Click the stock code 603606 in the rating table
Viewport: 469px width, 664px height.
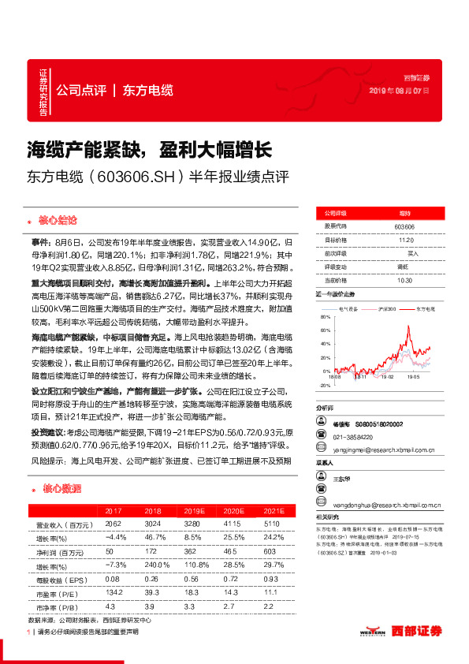[404, 226]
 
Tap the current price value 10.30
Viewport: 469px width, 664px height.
[404, 280]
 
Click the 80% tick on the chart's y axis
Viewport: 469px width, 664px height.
[326, 316]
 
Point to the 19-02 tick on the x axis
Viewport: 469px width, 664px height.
[386, 378]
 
